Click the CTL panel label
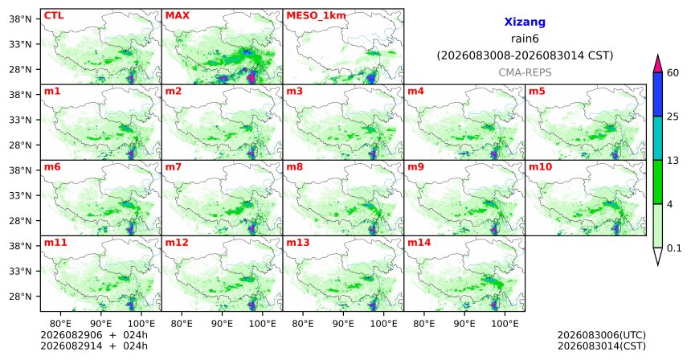click(x=54, y=15)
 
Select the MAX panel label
click(x=177, y=15)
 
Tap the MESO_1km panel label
click(x=316, y=16)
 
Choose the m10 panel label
click(x=540, y=167)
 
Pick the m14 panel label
click(x=419, y=243)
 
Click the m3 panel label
click(x=293, y=92)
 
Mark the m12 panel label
click(x=177, y=243)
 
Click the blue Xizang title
click(x=525, y=22)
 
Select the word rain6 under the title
click(x=525, y=39)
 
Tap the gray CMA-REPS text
click(x=525, y=72)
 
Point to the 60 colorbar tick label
click(x=673, y=72)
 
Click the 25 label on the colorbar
click(x=673, y=117)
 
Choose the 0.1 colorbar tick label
click(x=674, y=248)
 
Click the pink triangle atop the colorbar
click(x=657, y=64)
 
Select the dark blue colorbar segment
click(x=657, y=94)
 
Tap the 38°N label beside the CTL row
click(x=20, y=18)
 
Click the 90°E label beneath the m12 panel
click(x=222, y=324)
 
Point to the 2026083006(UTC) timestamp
click(x=602, y=336)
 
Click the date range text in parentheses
click(x=525, y=55)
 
